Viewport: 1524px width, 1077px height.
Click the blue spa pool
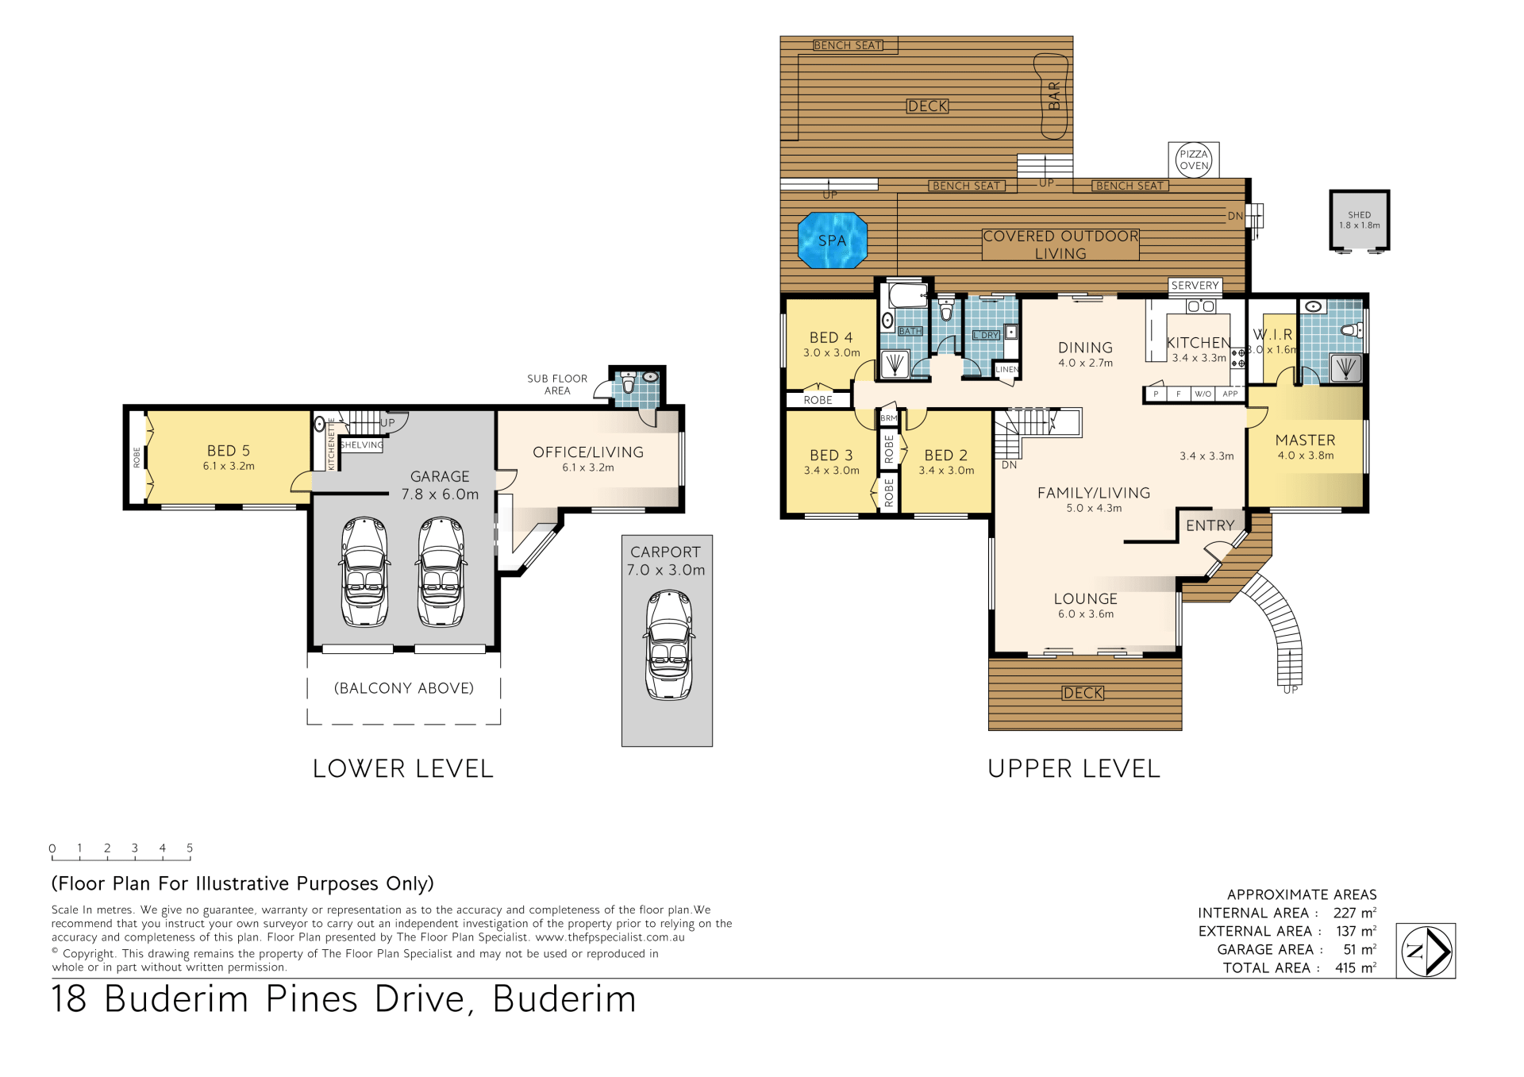point(832,240)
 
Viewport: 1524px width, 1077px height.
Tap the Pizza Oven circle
point(1193,160)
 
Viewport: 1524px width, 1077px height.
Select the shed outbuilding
point(1359,221)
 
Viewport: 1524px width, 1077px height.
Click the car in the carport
point(669,644)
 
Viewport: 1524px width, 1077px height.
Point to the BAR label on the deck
point(1054,96)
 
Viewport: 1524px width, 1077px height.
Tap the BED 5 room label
point(229,451)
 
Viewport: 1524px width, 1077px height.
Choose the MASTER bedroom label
point(1305,440)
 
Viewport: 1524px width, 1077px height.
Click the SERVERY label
point(1195,286)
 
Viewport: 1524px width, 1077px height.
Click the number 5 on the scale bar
point(190,848)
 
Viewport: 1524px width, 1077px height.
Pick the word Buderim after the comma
point(564,998)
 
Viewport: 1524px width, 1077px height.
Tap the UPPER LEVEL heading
point(1074,768)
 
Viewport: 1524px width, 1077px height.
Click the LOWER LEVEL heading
point(403,768)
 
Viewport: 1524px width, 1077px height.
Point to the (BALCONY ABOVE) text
point(404,688)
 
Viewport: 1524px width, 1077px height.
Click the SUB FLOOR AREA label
point(557,384)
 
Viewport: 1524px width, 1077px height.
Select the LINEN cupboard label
point(1007,369)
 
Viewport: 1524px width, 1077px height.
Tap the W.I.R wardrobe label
point(1272,334)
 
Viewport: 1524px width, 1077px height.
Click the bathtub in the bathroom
point(907,294)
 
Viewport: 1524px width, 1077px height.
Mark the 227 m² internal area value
point(1355,913)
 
